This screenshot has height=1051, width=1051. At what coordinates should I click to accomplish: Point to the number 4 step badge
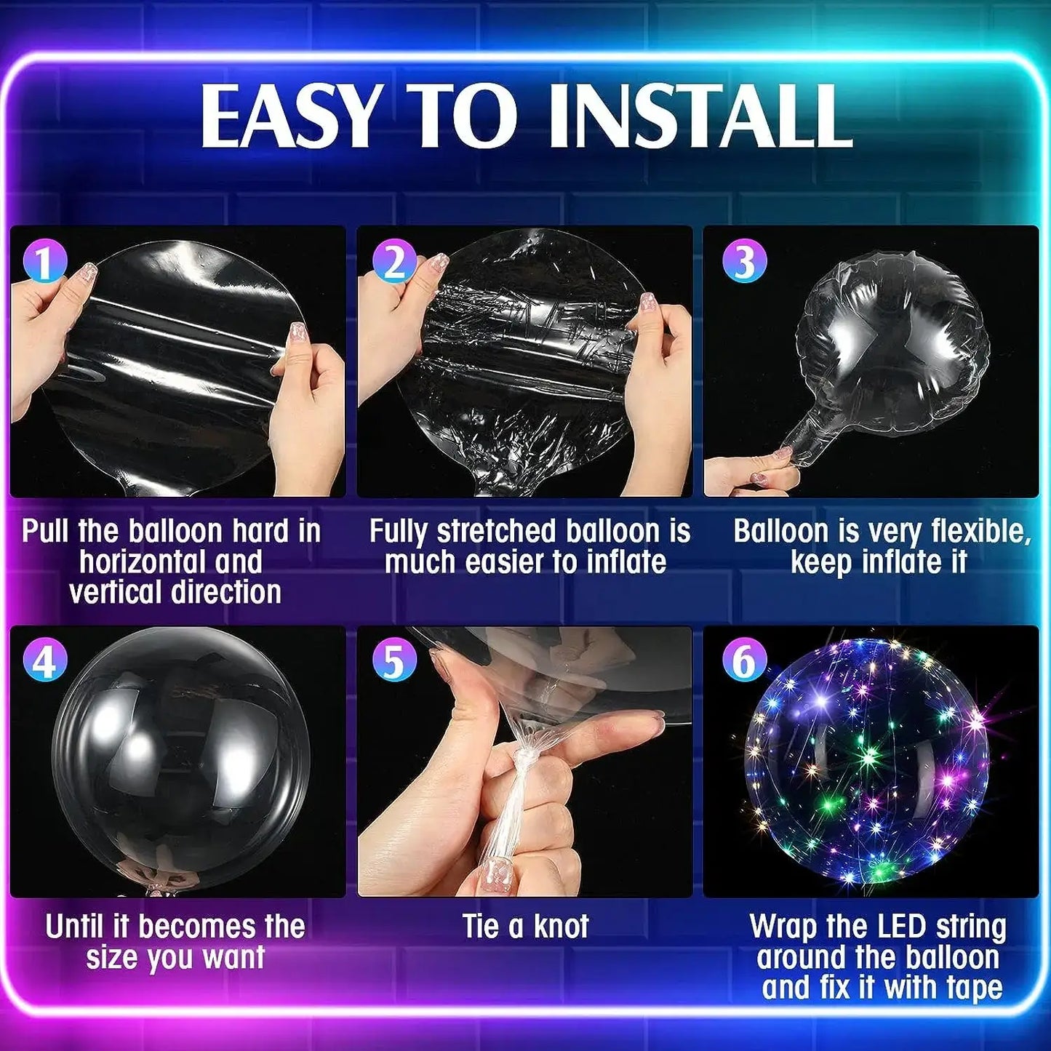[45, 660]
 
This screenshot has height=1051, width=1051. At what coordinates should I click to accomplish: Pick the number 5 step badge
[394, 660]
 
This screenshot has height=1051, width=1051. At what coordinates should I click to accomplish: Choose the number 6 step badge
[744, 660]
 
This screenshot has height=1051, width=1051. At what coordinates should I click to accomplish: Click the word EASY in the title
[289, 116]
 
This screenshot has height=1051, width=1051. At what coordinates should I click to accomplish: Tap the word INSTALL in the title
[700, 116]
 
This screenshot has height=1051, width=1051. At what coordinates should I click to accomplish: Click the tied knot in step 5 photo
[524, 756]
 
